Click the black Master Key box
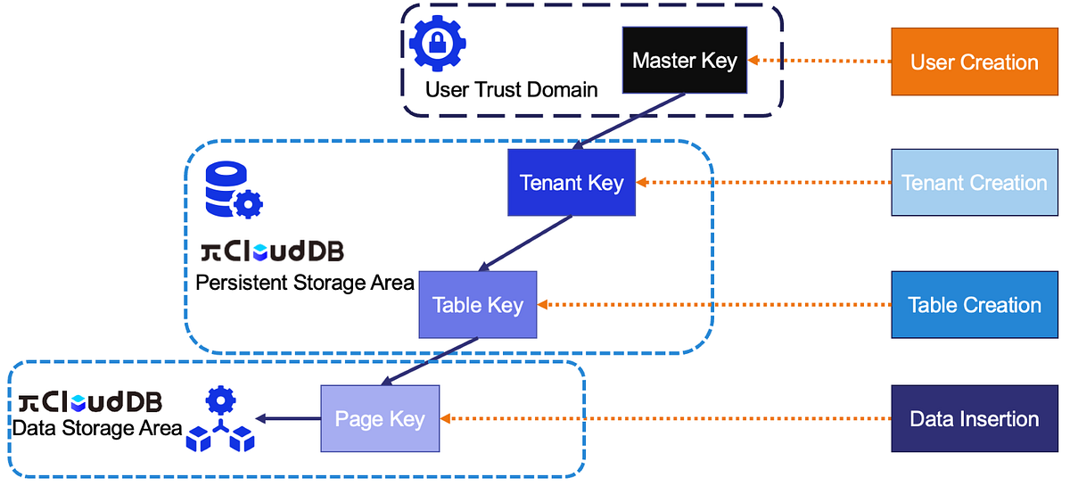click(x=684, y=61)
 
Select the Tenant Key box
click(x=571, y=183)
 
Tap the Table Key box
click(x=478, y=305)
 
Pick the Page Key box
click(x=380, y=419)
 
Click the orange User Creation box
click(x=974, y=62)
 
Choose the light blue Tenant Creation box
click(x=974, y=183)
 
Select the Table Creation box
click(x=974, y=305)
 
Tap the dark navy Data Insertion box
click(x=974, y=419)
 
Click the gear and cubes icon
click(x=219, y=420)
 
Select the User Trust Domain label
click(x=511, y=90)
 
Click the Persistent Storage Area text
click(x=305, y=283)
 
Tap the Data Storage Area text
click(x=96, y=428)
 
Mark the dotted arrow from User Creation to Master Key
click(x=820, y=61)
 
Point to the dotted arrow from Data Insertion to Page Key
click(x=669, y=419)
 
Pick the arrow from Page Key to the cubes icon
click(x=287, y=419)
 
